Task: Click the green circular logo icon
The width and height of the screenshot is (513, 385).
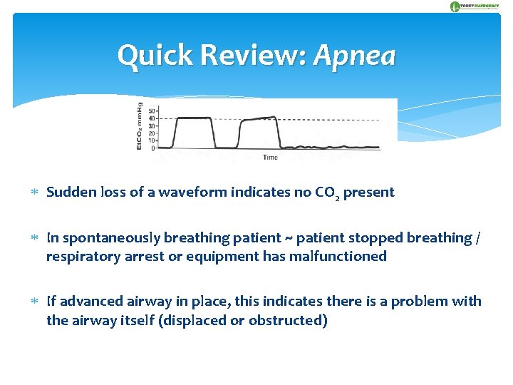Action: click(x=455, y=6)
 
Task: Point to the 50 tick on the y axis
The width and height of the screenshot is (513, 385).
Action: click(x=152, y=111)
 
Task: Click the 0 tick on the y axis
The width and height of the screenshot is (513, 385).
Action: click(x=153, y=148)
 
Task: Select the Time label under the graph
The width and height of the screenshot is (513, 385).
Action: click(x=271, y=157)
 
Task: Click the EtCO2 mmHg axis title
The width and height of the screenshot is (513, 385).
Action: click(x=140, y=128)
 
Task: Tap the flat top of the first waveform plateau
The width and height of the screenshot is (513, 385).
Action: click(x=194, y=118)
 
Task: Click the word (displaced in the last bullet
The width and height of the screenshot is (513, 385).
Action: click(x=194, y=320)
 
